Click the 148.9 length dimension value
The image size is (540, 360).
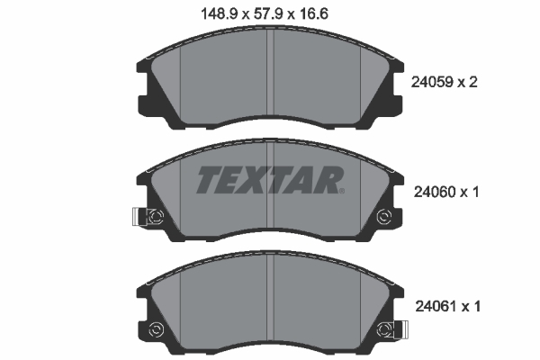click(x=220, y=14)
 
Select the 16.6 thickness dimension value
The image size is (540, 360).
click(x=313, y=14)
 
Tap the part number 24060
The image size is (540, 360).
click(x=435, y=193)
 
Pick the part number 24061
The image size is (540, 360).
click(x=436, y=306)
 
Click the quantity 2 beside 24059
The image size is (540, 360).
click(x=472, y=82)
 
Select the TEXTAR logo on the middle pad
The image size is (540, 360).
click(x=270, y=180)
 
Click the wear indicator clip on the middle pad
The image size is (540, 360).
click(x=139, y=217)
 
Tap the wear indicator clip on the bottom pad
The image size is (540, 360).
click(x=400, y=329)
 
